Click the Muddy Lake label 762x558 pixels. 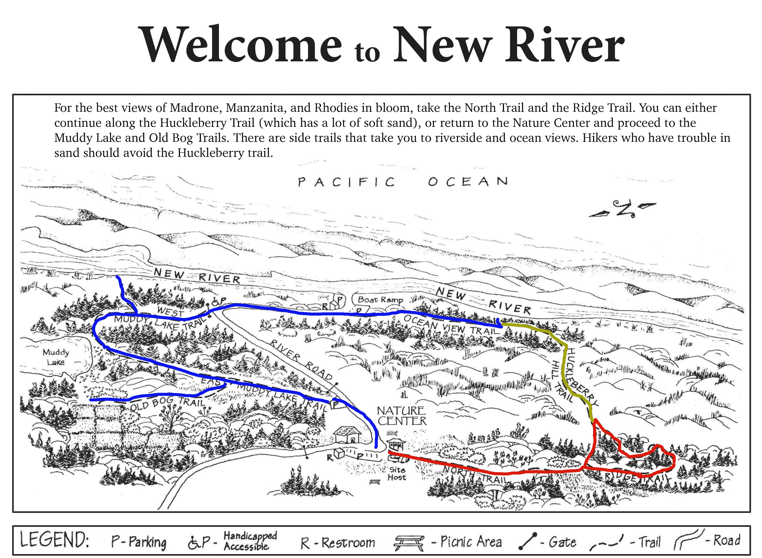coord(56,357)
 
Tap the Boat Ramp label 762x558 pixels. coord(381,300)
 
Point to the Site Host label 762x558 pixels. coord(397,473)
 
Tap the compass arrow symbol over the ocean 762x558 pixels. coord(622,209)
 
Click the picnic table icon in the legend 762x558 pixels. coord(409,543)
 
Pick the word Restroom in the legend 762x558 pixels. coord(348,543)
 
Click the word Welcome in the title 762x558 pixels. coord(242,45)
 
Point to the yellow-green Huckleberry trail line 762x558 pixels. coord(564,368)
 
